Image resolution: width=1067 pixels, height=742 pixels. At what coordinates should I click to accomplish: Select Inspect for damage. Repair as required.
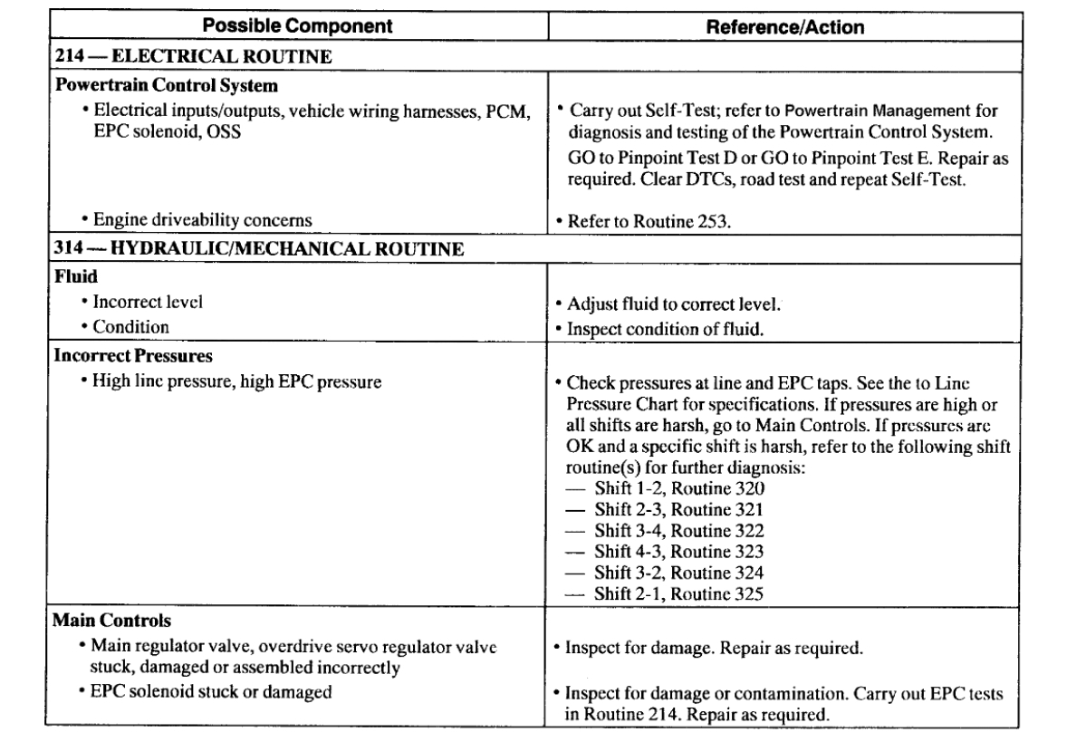point(712,650)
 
